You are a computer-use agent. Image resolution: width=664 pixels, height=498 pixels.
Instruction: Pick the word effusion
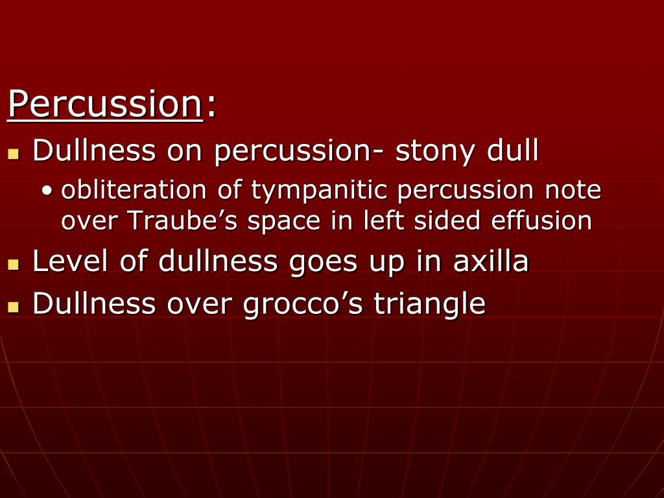[541, 220]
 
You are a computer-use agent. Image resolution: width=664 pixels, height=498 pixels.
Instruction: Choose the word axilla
[491, 261]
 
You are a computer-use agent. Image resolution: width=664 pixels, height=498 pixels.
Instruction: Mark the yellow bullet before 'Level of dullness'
[14, 265]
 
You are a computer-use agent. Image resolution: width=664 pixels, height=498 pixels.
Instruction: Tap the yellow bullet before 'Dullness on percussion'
[14, 154]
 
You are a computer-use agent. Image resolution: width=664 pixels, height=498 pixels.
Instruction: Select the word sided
[447, 220]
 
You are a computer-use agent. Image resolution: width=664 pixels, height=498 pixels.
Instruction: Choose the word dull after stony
[513, 150]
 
